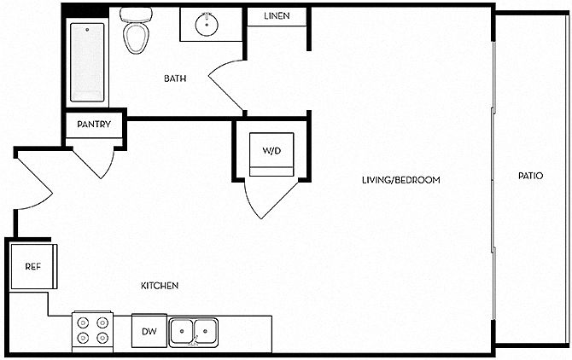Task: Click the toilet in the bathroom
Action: click(x=136, y=31)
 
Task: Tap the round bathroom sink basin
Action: click(x=207, y=25)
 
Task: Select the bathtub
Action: click(x=87, y=62)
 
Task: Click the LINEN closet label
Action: click(x=277, y=16)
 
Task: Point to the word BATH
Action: click(x=175, y=78)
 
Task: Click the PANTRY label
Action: click(x=94, y=125)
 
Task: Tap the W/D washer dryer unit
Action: click(x=271, y=154)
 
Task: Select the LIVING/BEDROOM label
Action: click(x=401, y=180)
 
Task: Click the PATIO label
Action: click(x=531, y=176)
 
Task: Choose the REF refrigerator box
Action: click(x=33, y=267)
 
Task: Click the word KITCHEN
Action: click(x=160, y=286)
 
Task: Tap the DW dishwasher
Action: click(x=149, y=331)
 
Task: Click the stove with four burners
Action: click(x=92, y=330)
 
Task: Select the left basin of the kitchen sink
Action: click(x=181, y=331)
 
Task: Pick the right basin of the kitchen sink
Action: click(x=206, y=331)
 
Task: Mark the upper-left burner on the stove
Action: click(x=83, y=322)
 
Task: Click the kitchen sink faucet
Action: click(x=195, y=341)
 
